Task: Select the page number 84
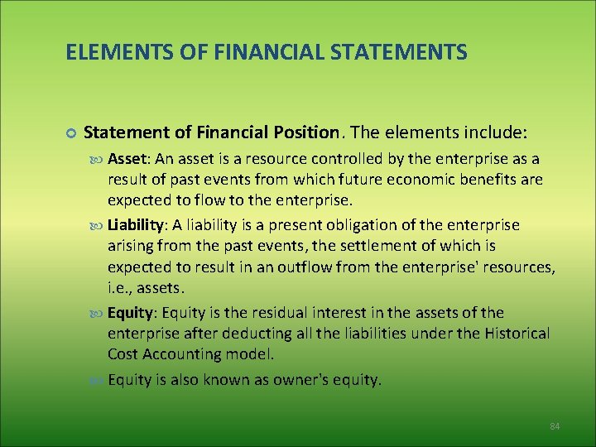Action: (555, 425)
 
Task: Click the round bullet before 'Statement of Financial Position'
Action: (70, 133)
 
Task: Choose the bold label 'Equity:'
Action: (132, 312)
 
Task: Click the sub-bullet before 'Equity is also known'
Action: (97, 381)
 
